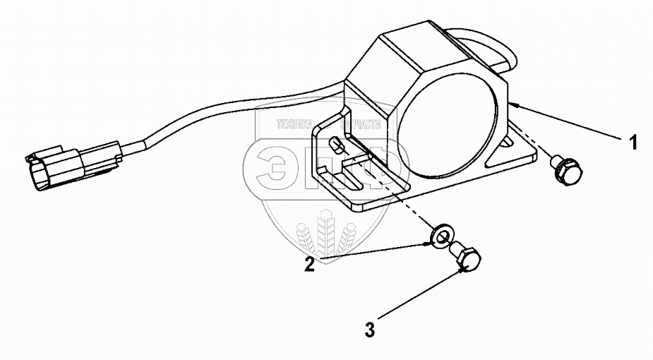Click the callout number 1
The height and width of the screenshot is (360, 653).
633,143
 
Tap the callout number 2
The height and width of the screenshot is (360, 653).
309,265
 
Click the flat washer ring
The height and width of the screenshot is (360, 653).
441,234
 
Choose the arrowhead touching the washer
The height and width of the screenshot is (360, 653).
429,242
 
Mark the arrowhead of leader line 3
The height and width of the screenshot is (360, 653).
461,268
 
